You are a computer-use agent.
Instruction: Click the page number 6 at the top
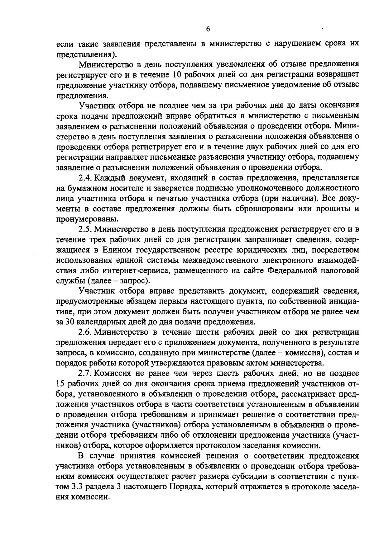coord(208,29)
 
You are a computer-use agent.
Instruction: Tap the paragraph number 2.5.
coord(84,229)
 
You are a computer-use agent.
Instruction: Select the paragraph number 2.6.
coord(84,332)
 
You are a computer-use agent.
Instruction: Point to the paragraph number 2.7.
coord(84,373)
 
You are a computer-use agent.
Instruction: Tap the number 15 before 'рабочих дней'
coord(61,383)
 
